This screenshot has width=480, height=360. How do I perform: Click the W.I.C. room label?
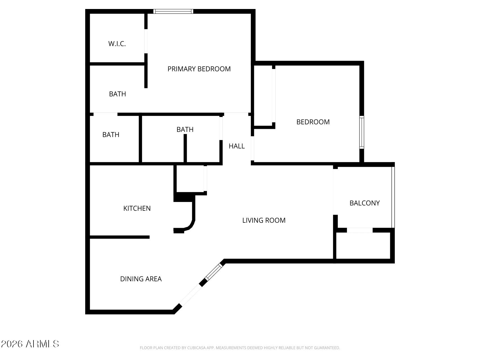click(117, 44)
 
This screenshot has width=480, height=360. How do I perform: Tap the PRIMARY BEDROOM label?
click(199, 69)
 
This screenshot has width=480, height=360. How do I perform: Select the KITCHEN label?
click(137, 208)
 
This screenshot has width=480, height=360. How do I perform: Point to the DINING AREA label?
click(141, 279)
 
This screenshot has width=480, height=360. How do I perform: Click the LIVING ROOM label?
click(264, 220)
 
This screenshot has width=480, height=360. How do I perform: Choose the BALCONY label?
click(365, 203)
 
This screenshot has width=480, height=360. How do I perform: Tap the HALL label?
click(237, 146)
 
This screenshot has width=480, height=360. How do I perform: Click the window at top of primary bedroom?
click(173, 11)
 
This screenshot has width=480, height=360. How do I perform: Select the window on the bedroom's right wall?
click(362, 132)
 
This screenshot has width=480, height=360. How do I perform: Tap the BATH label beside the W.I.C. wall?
click(118, 94)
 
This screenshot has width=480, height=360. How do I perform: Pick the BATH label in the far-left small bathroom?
click(111, 135)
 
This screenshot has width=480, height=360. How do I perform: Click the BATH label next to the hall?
click(185, 129)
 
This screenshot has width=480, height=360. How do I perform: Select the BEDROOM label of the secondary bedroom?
click(313, 122)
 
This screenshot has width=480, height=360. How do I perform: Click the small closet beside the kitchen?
click(190, 179)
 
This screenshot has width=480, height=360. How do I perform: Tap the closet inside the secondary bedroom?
click(263, 96)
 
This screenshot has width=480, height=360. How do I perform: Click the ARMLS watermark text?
click(42, 344)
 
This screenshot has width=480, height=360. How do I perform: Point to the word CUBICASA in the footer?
click(195, 348)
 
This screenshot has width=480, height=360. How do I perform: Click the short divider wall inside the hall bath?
click(185, 148)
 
